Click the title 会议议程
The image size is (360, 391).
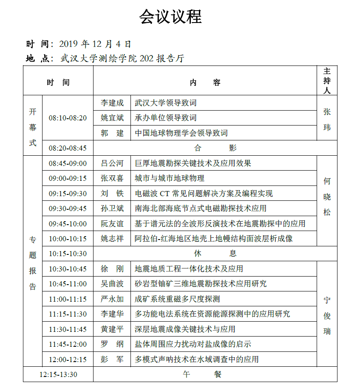tap(170, 17)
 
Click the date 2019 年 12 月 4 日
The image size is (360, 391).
tap(95, 44)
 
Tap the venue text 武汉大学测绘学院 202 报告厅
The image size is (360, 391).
tap(123, 58)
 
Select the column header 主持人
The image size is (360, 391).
tap(327, 80)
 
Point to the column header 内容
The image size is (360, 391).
tap(205, 83)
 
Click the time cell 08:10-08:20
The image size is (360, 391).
tap(68, 118)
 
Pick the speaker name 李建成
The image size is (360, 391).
tap(112, 103)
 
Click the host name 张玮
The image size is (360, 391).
tap(327, 120)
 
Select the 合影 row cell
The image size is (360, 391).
tap(215, 148)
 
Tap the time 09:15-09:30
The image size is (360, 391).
tap(68, 194)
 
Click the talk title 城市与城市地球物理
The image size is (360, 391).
tap(170, 178)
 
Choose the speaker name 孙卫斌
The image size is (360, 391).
tap(112, 208)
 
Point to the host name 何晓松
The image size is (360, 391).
tap(327, 197)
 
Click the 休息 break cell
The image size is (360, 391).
tap(215, 254)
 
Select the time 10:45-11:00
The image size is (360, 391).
tap(68, 284)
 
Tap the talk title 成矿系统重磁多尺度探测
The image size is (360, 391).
tap(177, 299)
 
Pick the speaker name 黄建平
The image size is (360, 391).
tap(112, 329)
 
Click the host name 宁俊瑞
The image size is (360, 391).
tap(327, 316)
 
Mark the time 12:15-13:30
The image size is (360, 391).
tap(58, 374)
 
